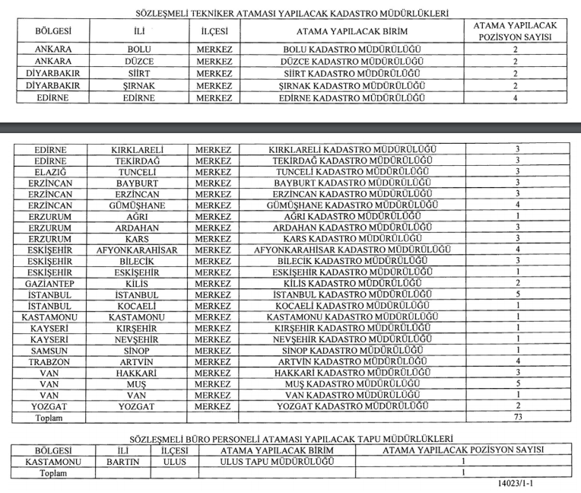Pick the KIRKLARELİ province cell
click(138, 150)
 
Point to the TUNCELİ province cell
click(138, 172)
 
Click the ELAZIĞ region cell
click(51, 172)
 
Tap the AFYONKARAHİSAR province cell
click(138, 250)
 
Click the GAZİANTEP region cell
click(51, 283)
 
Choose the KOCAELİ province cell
click(138, 306)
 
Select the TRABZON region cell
click(51, 361)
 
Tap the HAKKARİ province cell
click(138, 373)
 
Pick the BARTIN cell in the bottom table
click(122, 461)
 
